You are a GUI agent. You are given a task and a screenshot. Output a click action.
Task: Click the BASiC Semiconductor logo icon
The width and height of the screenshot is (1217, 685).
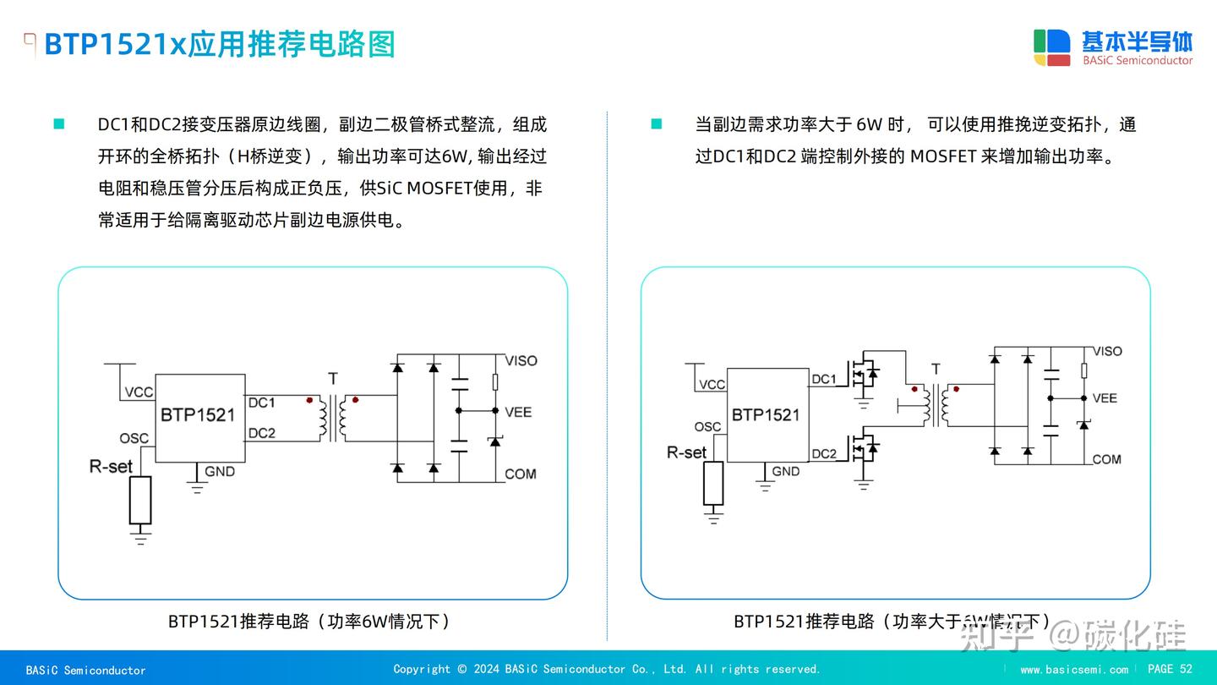1051,47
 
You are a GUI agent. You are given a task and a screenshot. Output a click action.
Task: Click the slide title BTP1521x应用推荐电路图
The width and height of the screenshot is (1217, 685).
220,44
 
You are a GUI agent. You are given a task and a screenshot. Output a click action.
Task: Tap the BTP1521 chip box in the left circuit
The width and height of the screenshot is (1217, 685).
199,418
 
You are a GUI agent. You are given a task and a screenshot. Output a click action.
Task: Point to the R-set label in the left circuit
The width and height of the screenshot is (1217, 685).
111,466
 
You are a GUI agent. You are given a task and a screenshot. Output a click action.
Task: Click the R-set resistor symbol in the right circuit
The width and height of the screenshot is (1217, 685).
714,483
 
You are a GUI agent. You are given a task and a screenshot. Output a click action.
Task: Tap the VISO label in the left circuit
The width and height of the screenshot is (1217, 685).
521,360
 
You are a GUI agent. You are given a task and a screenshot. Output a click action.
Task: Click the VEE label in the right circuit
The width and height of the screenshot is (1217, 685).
1105,397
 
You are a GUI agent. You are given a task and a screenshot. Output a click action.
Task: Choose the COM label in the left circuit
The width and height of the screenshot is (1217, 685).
520,474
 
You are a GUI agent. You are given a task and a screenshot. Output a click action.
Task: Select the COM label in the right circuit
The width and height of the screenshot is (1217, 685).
1106,459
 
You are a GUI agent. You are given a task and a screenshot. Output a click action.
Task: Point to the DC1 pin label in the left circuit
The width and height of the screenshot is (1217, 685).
261,403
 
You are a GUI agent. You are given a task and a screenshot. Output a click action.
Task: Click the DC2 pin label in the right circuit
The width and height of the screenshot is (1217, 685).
823,453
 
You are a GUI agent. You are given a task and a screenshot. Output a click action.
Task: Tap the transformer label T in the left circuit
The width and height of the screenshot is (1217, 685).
332,378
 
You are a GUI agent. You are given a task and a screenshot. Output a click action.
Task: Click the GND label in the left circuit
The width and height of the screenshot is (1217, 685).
220,471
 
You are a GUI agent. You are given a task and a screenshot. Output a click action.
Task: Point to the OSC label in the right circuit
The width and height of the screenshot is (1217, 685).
707,427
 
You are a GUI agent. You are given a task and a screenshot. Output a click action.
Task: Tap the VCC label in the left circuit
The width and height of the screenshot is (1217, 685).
139,392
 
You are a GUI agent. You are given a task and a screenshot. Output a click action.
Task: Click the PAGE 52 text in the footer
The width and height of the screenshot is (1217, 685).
1170,669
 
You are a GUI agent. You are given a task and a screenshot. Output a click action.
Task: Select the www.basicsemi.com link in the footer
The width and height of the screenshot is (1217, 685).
1073,670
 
